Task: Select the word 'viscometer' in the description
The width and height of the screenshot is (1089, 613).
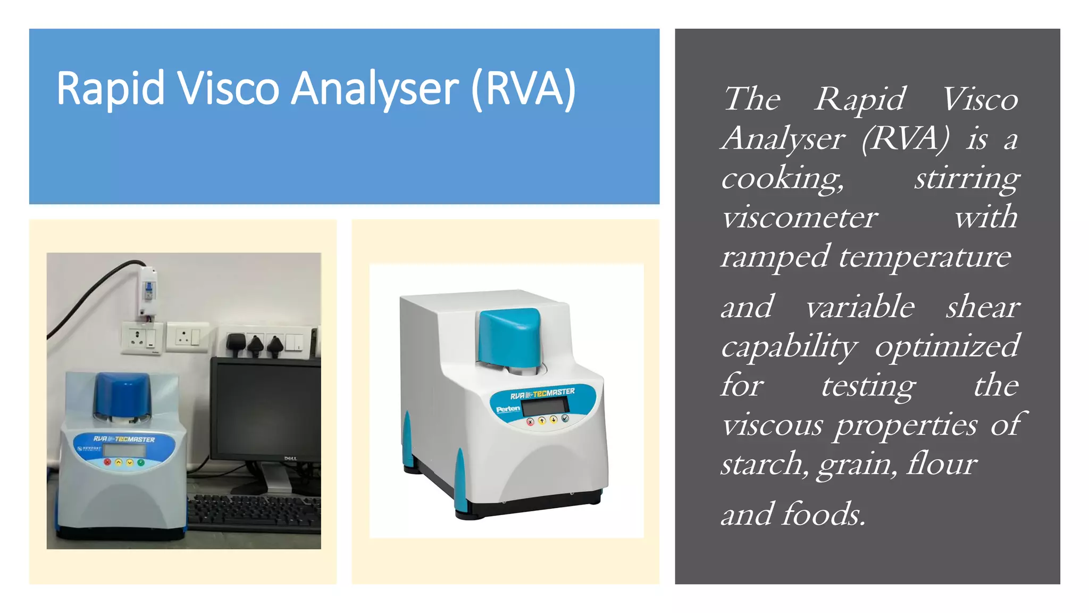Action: [x=799, y=218]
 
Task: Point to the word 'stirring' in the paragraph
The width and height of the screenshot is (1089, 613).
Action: [x=967, y=178]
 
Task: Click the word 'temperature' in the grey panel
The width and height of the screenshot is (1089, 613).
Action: [x=925, y=257]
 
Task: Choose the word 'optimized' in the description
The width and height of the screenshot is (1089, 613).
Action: [x=947, y=346]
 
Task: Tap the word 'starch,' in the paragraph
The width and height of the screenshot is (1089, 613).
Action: [x=765, y=464]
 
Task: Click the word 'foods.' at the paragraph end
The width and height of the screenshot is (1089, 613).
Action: [x=824, y=515]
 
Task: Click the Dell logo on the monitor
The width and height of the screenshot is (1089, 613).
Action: [x=290, y=458]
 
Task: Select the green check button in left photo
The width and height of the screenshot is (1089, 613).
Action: [x=141, y=462]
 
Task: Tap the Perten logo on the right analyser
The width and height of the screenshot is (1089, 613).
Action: [x=508, y=409]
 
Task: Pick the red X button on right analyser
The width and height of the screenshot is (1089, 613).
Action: [x=530, y=422]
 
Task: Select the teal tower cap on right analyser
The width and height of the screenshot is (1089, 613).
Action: [x=509, y=336]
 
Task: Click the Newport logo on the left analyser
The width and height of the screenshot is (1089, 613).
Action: [x=89, y=449]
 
